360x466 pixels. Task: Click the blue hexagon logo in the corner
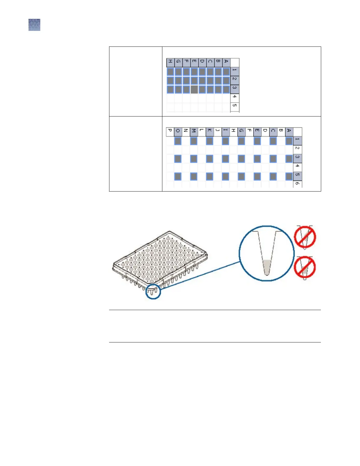tap(34, 25)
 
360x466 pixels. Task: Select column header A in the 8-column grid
tap(226, 62)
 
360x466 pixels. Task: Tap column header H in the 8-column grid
tap(170, 62)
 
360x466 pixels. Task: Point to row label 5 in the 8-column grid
tap(234, 106)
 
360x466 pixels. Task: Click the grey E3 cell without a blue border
tap(194, 89)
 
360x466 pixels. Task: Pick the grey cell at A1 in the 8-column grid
tap(226, 72)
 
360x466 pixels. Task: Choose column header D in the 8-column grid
tap(202, 62)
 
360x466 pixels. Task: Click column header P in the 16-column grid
tap(170, 132)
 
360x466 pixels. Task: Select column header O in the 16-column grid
tap(178, 132)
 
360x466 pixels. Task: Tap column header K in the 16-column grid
tap(209, 132)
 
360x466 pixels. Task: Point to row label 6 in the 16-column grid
tap(297, 184)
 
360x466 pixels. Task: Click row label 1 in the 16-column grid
tap(297, 140)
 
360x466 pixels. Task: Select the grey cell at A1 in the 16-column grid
tap(289, 141)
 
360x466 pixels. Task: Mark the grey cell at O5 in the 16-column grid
tap(178, 177)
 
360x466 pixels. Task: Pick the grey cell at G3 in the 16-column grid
tap(241, 159)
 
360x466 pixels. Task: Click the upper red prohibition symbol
tap(305, 237)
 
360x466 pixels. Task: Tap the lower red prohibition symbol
tap(305, 267)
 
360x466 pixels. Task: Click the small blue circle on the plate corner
tap(153, 292)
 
